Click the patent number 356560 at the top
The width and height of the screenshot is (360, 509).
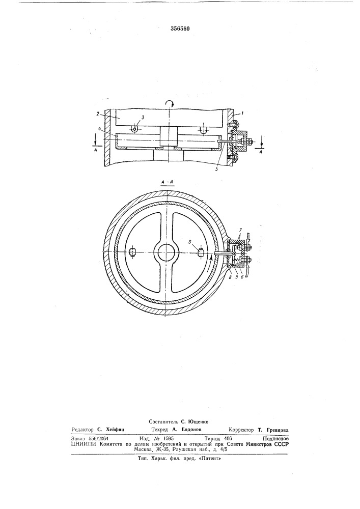tap(180, 29)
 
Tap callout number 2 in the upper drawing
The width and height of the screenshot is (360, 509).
tap(98, 114)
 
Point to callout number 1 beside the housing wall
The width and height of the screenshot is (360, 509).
tap(239, 114)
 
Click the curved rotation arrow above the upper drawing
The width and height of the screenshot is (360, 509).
tap(170, 103)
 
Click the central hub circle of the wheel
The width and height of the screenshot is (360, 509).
tap(167, 252)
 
